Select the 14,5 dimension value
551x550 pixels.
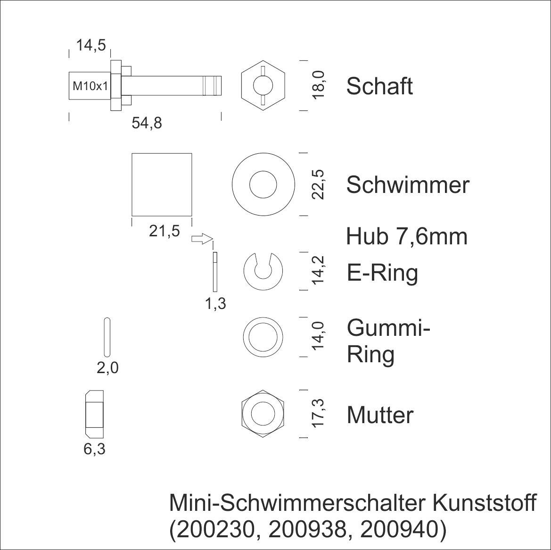pyautogui.click(x=90, y=46)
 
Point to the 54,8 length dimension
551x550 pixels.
pyautogui.click(x=147, y=123)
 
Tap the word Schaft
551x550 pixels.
pyautogui.click(x=379, y=86)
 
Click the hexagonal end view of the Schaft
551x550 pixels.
pyautogui.click(x=263, y=86)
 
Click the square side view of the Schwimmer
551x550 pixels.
pyautogui.click(x=162, y=183)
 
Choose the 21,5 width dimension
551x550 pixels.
pyautogui.click(x=164, y=231)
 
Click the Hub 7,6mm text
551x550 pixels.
pyautogui.click(x=406, y=236)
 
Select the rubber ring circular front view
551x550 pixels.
pyautogui.click(x=263, y=336)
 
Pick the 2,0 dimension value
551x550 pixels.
pyautogui.click(x=107, y=367)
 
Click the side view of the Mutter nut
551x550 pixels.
pyautogui.click(x=95, y=413)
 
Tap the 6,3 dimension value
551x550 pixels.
pyautogui.click(x=94, y=449)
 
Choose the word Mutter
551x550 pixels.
pyautogui.click(x=380, y=415)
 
